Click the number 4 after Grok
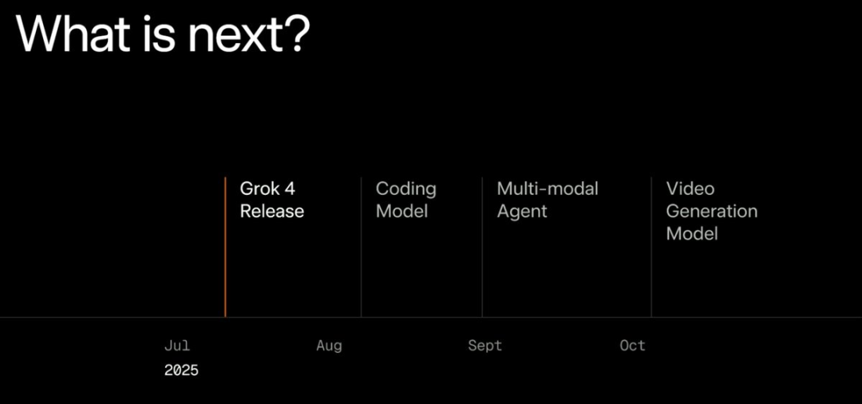pos(289,188)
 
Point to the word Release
pos(271,211)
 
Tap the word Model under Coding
pos(401,211)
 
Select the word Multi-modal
pos(548,188)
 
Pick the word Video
pos(690,188)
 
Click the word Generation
pos(712,211)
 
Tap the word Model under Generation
pos(692,234)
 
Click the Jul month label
pos(177,346)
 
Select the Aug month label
pos(330,347)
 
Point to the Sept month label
pos(485,347)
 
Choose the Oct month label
pos(633,346)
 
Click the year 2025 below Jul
pos(181,370)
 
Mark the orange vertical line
pos(225,248)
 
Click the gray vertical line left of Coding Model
pos(362,248)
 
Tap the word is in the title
pos(162,34)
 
